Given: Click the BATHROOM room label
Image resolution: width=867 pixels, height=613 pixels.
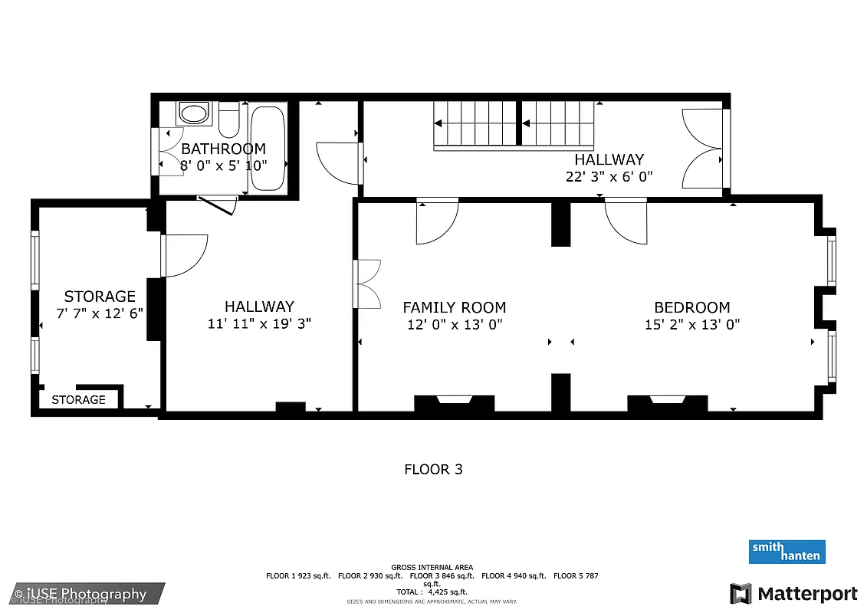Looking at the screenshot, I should point(223,149).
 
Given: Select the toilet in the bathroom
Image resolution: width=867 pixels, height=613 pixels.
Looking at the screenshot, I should point(229,121).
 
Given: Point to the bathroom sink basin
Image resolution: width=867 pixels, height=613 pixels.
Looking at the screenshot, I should point(193,115).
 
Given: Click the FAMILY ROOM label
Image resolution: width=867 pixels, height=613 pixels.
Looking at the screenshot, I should point(454,307).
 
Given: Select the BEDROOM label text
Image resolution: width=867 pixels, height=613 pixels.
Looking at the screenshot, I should point(691,307).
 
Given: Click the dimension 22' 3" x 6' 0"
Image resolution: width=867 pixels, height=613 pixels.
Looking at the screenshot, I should point(609,176).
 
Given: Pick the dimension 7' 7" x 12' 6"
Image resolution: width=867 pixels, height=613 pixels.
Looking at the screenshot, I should point(100,313).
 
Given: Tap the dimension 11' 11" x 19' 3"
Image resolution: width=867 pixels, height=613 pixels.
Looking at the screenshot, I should point(259,323).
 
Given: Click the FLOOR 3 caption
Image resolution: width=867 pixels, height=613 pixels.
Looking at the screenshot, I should point(433,469).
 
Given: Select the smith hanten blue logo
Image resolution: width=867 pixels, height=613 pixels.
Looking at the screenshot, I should point(787,552).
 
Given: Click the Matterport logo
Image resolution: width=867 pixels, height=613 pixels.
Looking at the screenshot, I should point(793,594).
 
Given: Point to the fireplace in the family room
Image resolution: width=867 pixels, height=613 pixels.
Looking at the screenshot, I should point(454,403).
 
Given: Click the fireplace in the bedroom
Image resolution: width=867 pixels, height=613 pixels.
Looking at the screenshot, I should point(667,403).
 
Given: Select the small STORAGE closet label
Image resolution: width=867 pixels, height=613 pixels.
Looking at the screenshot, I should point(78,399).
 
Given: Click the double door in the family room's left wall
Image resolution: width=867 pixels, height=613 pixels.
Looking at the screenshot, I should point(366,284).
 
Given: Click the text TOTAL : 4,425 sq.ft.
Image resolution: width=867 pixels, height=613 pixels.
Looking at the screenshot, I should point(432,592).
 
